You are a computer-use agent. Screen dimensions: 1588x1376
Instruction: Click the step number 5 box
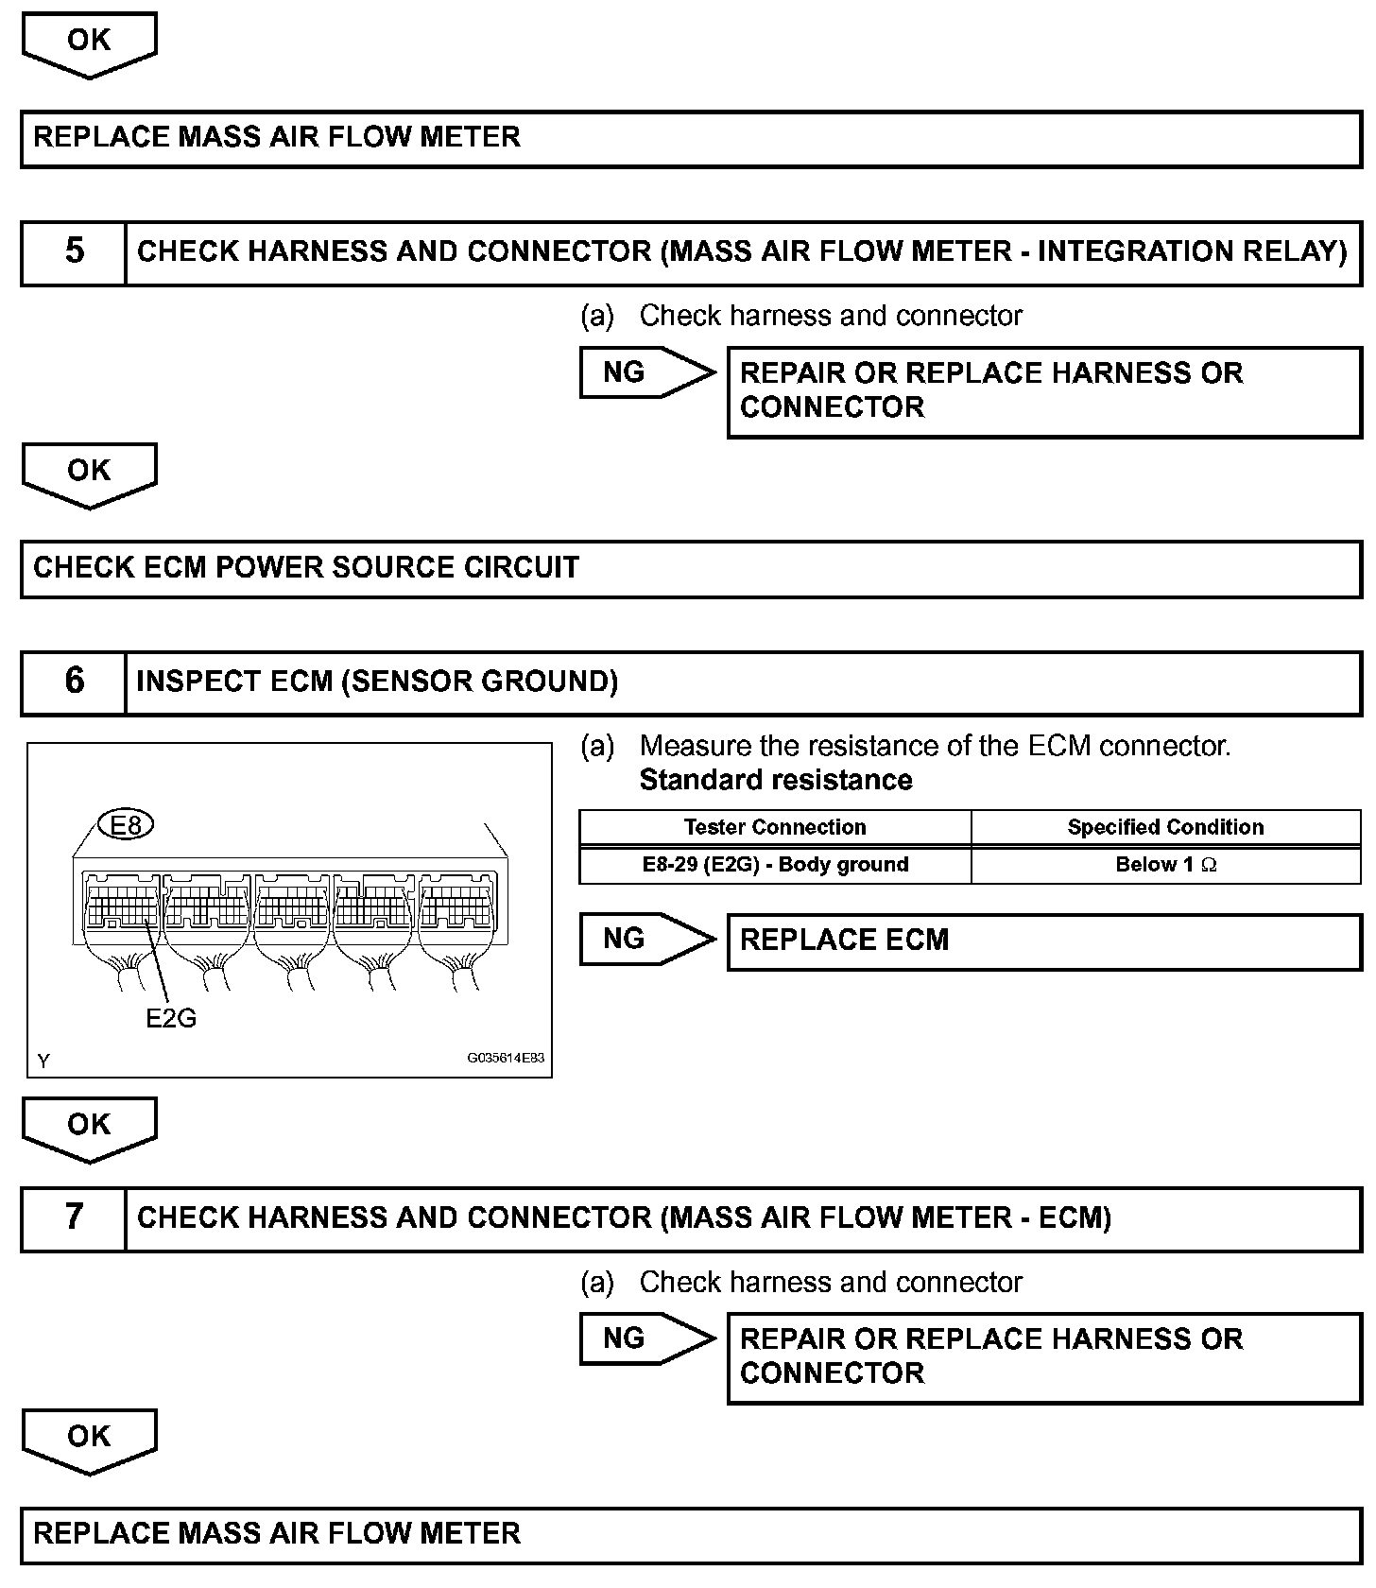[x=74, y=252]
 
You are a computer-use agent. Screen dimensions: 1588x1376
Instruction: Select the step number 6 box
[x=74, y=682]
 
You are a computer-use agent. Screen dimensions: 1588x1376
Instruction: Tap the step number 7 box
[x=74, y=1218]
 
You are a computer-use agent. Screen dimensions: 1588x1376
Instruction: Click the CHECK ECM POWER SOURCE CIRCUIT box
[x=691, y=569]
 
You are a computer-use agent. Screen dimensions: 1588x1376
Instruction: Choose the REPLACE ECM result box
[x=1043, y=941]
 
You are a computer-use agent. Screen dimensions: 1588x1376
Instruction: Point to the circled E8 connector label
[x=126, y=826]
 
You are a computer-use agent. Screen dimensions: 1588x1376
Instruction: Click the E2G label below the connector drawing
[x=171, y=1018]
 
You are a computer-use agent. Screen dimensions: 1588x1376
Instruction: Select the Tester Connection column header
[x=775, y=828]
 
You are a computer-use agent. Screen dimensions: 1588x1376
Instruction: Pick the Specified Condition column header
[x=1165, y=828]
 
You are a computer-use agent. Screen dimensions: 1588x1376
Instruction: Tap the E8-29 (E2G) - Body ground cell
[x=775, y=865]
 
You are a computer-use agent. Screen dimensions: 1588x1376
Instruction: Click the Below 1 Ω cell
[x=1165, y=865]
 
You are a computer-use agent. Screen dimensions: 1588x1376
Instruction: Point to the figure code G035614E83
[x=506, y=1059]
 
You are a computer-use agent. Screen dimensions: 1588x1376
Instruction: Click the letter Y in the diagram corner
[x=43, y=1062]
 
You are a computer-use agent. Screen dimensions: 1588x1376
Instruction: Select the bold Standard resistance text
[x=776, y=781]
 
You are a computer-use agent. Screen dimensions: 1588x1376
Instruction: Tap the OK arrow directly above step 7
[x=89, y=1127]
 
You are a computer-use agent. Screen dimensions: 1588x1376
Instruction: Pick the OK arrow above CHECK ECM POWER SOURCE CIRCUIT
[x=89, y=473]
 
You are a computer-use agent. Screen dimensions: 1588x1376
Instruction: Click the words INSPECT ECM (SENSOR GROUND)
[x=377, y=682]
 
